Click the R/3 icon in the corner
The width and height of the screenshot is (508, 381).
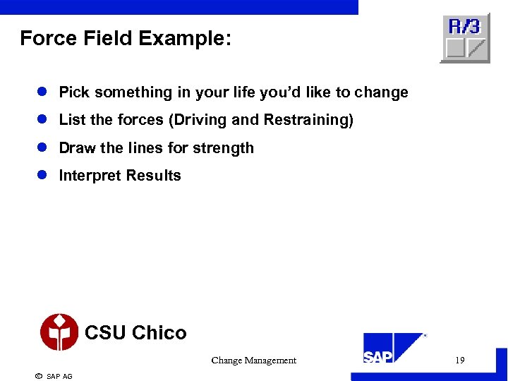(x=465, y=39)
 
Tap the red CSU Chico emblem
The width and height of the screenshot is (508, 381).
(x=59, y=332)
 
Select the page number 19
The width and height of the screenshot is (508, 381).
(x=459, y=361)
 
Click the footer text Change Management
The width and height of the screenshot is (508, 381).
(x=253, y=361)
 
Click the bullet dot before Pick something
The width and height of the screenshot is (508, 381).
(x=42, y=92)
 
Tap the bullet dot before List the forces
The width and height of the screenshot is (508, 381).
(x=42, y=120)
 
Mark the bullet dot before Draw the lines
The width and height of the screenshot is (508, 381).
(x=42, y=148)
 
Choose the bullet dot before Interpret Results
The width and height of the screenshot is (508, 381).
(x=42, y=176)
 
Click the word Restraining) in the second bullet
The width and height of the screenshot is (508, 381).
(x=308, y=120)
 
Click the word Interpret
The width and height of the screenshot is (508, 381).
(x=87, y=176)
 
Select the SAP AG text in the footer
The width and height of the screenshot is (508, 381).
(x=59, y=376)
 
